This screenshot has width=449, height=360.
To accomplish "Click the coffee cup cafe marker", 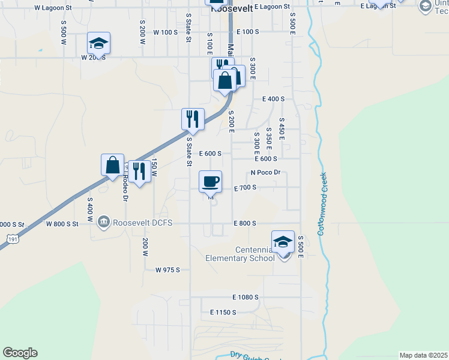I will (x=210, y=182).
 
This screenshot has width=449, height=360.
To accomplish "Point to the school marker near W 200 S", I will (x=98, y=44).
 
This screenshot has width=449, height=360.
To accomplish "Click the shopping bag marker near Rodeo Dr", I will (x=113, y=166).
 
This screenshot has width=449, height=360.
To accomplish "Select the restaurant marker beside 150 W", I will (x=139, y=172).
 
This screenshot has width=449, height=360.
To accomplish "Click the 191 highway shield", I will (x=12, y=239).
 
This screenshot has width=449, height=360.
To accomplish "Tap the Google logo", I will (x=20, y=353).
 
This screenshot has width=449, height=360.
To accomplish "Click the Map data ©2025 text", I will (x=423, y=355).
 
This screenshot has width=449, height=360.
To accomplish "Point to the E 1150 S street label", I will (x=223, y=313).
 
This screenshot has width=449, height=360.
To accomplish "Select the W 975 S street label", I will (x=167, y=270).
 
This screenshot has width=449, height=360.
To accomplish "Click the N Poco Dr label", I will (x=265, y=172).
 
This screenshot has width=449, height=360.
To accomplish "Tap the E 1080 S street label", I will (x=246, y=297).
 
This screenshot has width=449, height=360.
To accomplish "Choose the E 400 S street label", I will (x=273, y=98).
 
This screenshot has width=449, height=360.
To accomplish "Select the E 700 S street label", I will (x=245, y=188).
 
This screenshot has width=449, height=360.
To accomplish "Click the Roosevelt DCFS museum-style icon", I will (x=104, y=223).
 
